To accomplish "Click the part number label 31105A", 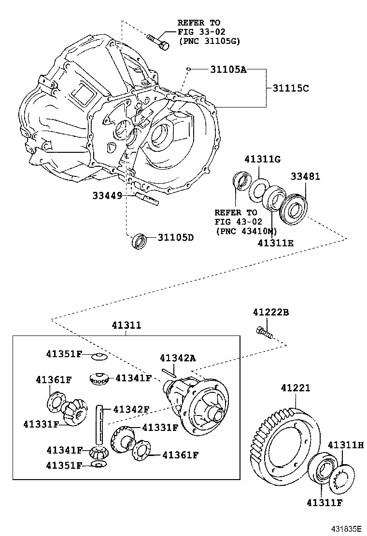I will [x=228, y=70].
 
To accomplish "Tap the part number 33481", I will [x=305, y=177].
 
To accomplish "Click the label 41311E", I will [x=276, y=243].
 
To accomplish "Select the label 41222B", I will [x=270, y=313].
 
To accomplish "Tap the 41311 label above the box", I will [x=127, y=325].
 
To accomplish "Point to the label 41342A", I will [x=178, y=358].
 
